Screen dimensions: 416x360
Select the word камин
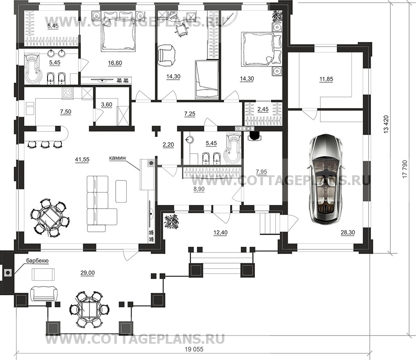click(117, 158)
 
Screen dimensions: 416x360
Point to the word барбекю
click(37, 261)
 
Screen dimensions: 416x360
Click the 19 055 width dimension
click(194, 349)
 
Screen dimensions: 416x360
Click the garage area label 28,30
click(348, 233)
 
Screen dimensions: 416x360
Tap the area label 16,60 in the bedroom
click(115, 63)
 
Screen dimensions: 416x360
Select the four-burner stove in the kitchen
click(68, 93)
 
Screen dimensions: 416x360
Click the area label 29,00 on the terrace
click(87, 273)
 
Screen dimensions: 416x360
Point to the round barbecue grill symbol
click(8, 273)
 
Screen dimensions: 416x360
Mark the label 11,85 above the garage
click(326, 79)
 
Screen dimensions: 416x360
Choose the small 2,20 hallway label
click(168, 145)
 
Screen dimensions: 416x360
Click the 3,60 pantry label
click(107, 105)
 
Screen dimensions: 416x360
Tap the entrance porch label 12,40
click(221, 233)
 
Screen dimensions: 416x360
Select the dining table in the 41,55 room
click(49, 217)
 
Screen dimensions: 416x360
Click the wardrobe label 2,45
click(263, 109)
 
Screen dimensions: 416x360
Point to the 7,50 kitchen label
click(66, 112)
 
